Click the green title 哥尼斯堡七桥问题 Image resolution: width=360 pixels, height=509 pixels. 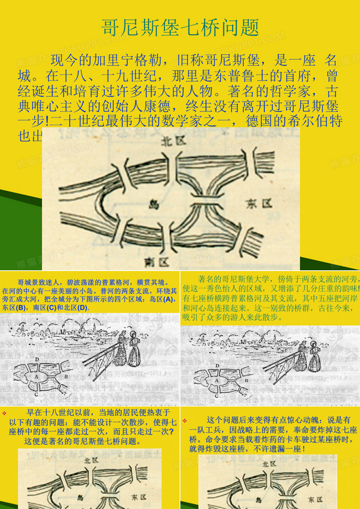pos(180,28)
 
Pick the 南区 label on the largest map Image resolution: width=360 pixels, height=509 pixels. pos(156,262)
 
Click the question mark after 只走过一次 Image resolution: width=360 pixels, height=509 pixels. pos(171,431)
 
